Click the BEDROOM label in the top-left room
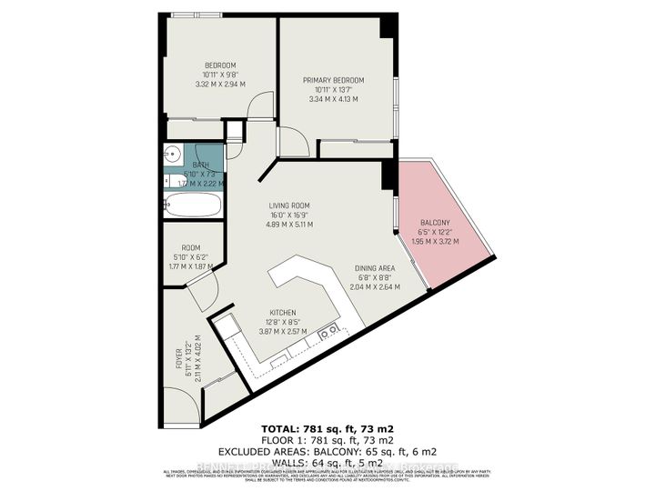pyautogui.click(x=220, y=65)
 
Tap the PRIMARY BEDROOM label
pyautogui.click(x=333, y=80)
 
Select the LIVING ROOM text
pyautogui.click(x=288, y=205)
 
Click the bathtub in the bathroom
pyautogui.click(x=193, y=205)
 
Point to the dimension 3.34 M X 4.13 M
pyautogui.click(x=333, y=99)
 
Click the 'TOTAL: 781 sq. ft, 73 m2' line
pyautogui.click(x=327, y=426)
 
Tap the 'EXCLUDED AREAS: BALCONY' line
pyautogui.click(x=327, y=450)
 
